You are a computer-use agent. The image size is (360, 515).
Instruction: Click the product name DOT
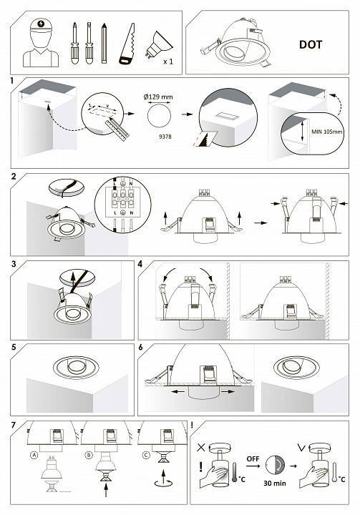point(311,44)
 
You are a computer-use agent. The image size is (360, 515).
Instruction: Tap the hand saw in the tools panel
point(127,44)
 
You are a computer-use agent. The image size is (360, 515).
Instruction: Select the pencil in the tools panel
point(104,43)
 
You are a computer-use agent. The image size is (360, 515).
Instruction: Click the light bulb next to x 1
point(158,44)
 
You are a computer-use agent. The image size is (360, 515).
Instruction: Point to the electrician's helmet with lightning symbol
point(41,25)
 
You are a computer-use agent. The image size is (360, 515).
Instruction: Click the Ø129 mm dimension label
point(158,97)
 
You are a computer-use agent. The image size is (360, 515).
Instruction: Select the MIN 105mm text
point(327,132)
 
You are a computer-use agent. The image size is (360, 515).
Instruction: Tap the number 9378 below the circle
point(165,137)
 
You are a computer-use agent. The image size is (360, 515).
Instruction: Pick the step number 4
point(140,264)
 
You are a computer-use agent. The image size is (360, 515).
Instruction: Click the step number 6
point(141,347)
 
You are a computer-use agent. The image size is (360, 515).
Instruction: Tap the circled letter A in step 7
point(34,455)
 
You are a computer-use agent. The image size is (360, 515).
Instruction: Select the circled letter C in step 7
point(146,455)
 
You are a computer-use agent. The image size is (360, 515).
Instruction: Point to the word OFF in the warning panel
point(253,458)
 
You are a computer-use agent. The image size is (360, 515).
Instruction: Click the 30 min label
point(275,483)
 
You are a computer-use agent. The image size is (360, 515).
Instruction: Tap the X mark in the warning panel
point(201,447)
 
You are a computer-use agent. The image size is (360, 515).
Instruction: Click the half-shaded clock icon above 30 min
point(276,465)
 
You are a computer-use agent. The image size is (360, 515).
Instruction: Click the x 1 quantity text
point(168,62)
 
